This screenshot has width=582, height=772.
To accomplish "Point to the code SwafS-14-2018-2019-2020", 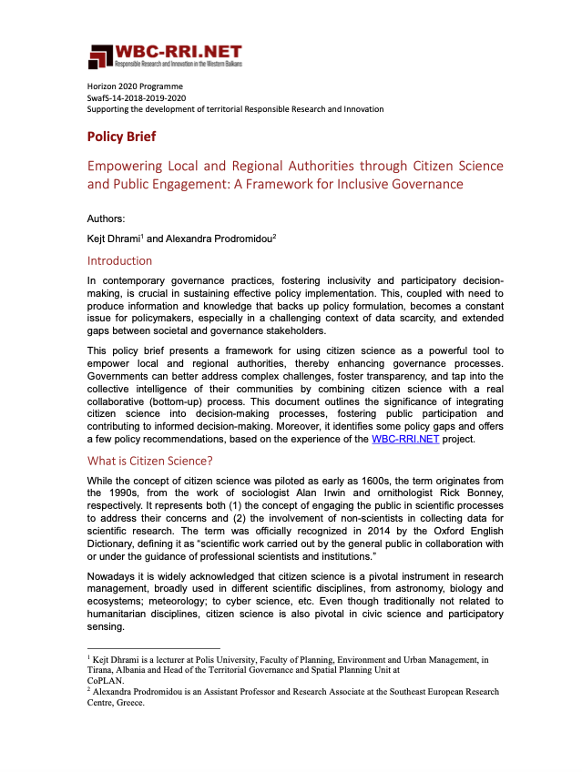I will point(137,97).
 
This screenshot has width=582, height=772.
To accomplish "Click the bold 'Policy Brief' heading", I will point(121,137).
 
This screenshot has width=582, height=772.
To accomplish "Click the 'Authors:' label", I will point(107,219).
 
